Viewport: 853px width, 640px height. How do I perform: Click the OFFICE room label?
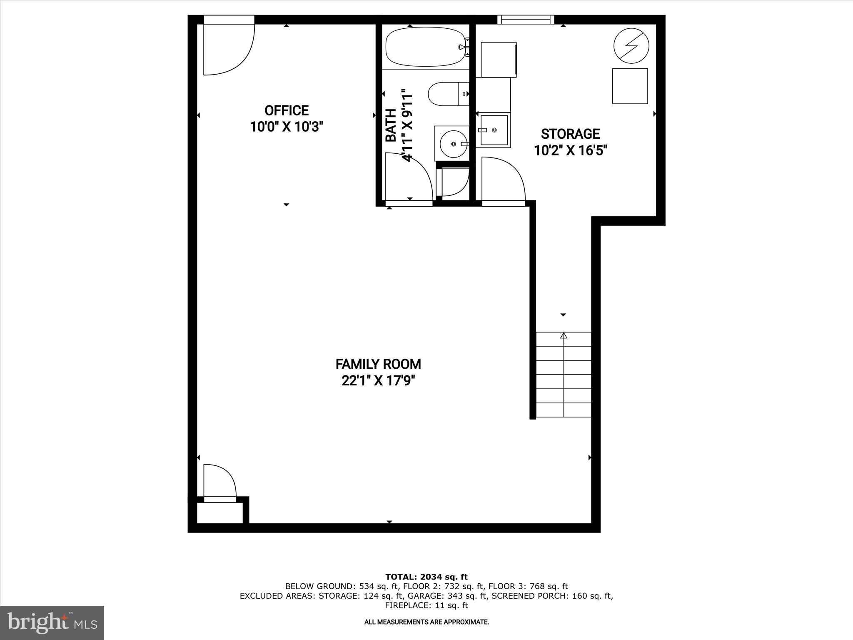tap(287, 110)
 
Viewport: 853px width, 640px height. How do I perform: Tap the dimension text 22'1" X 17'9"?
tap(378, 381)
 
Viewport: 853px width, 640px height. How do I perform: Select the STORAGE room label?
tap(570, 134)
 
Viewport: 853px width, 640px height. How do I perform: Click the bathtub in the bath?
tap(425, 47)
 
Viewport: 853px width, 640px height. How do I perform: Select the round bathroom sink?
tap(452, 143)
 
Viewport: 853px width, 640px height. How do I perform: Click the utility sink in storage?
tap(494, 130)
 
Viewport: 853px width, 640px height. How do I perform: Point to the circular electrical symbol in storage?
tap(631, 46)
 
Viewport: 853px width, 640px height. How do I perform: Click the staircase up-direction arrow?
tap(564, 336)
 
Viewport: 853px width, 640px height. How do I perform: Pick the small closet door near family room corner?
tap(219, 481)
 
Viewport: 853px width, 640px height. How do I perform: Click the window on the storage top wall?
tap(526, 19)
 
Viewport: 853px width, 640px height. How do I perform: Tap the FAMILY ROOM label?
tap(378, 364)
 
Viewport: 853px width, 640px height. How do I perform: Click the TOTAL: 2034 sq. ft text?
tap(426, 577)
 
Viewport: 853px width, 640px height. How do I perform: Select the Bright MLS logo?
tap(52, 623)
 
